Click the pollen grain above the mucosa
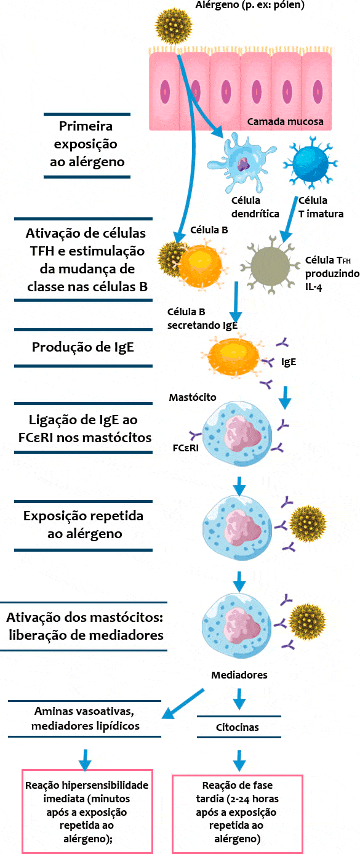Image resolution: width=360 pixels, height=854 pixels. (x=174, y=26)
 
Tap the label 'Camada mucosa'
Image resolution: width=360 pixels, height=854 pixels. (x=286, y=122)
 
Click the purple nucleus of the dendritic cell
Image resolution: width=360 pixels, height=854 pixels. (x=243, y=164)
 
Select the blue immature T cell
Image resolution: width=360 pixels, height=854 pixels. (x=310, y=163)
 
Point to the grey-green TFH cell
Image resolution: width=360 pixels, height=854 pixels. (x=270, y=265)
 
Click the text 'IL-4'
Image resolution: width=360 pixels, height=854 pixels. (x=313, y=287)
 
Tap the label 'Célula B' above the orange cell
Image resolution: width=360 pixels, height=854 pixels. (x=209, y=230)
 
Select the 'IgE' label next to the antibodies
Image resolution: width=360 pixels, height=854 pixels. (x=289, y=362)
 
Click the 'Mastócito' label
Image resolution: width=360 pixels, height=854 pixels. (x=193, y=397)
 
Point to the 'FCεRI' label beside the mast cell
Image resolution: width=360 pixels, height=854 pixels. (x=185, y=448)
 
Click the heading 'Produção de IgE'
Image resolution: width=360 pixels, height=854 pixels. (x=83, y=347)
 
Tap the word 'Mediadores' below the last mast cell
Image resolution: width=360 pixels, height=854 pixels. (x=239, y=675)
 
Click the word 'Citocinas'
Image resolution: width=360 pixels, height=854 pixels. (x=238, y=727)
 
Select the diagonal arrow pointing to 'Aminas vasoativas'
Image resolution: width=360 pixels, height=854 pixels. (x=183, y=704)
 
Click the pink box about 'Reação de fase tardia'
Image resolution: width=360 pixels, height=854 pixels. (x=238, y=814)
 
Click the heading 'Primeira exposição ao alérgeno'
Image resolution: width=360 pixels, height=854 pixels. (x=87, y=144)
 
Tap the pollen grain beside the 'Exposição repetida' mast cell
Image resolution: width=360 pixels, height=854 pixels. (x=308, y=524)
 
